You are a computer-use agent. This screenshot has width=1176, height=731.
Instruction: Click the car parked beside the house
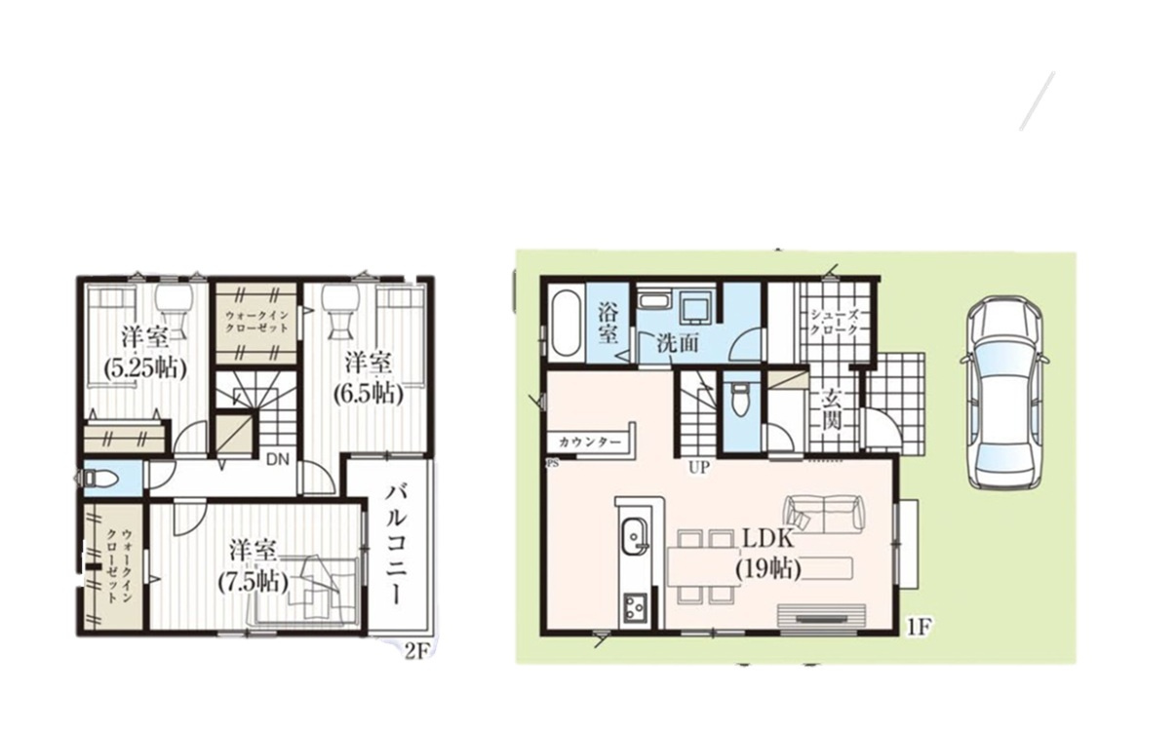click(x=1004, y=395)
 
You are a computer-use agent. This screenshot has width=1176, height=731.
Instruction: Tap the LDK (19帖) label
click(x=767, y=555)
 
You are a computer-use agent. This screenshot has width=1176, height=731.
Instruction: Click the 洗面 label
click(x=678, y=343)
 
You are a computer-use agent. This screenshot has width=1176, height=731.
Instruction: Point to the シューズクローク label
click(x=835, y=322)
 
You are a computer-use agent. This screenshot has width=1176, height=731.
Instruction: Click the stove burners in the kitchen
click(x=635, y=609)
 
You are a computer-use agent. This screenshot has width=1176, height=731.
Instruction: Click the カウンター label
click(x=590, y=442)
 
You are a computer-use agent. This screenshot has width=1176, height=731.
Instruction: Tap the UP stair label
click(x=699, y=467)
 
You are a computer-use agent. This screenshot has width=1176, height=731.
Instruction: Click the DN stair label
click(x=278, y=460)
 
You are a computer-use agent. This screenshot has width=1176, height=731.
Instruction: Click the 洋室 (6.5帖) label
click(x=369, y=378)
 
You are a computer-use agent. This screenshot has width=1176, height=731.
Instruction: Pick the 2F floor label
click(x=417, y=651)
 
